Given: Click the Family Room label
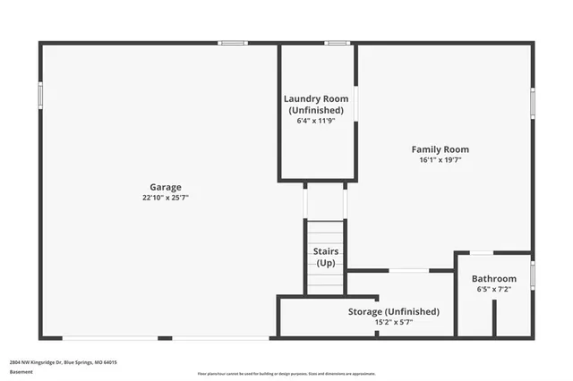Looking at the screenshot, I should (440, 149).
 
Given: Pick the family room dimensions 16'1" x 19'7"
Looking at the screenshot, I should (440, 160).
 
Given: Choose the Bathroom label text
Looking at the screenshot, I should (494, 279).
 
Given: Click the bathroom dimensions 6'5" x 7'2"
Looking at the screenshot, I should (494, 290).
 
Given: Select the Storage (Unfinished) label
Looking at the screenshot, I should (393, 311).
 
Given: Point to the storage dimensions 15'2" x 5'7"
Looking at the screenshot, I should (393, 322).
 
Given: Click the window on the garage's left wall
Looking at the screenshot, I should (40, 95).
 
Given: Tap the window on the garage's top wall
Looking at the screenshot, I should (233, 42).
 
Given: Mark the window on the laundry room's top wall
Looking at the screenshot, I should (337, 42).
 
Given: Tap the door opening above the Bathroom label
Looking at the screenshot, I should (481, 253).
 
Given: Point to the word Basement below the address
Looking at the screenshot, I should (21, 372).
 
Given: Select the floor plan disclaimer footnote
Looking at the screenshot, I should (286, 373).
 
